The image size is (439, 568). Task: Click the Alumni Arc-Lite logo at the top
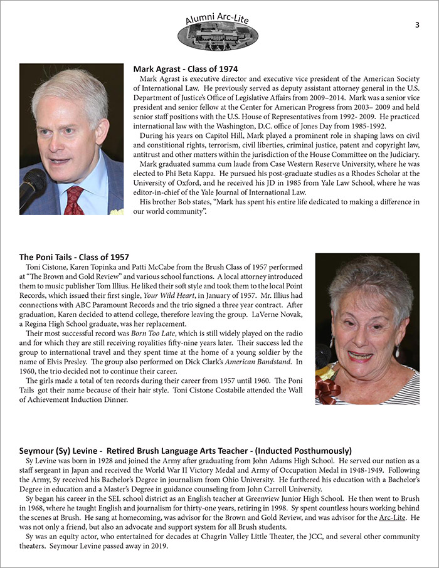(x=218, y=32)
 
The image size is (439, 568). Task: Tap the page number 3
(x=417, y=24)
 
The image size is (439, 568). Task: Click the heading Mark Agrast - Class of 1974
(x=186, y=68)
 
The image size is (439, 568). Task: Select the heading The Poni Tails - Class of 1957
(x=74, y=257)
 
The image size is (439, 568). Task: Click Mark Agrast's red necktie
(x=74, y=201)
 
